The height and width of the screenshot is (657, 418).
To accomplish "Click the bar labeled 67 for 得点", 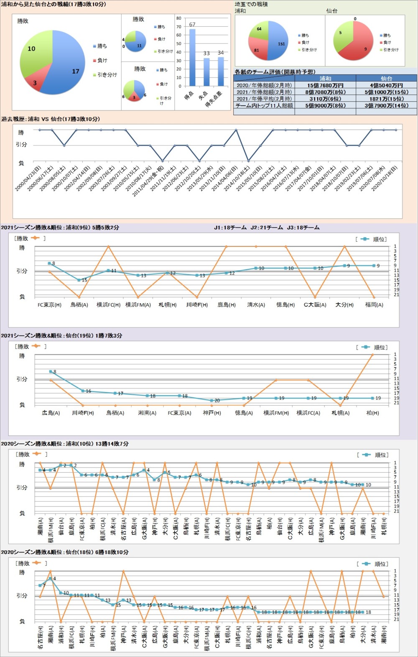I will [192, 58].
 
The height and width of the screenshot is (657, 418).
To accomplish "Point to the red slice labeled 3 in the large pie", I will [34, 82].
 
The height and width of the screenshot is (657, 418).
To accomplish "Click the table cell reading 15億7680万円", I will [325, 85].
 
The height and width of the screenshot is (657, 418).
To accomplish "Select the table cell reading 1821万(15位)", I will [386, 99].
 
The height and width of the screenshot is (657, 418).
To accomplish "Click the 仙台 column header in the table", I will [386, 78].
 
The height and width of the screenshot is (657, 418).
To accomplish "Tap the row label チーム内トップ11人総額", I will [264, 105].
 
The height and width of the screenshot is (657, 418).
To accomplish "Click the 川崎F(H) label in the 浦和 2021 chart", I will [197, 305].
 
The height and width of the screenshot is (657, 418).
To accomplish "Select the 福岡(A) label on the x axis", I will [374, 305].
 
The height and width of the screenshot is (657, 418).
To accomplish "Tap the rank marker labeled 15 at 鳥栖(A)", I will [79, 280].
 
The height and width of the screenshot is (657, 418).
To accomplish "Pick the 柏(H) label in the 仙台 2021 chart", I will [372, 413].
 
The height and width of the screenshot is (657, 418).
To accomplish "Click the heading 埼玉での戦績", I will [251, 4].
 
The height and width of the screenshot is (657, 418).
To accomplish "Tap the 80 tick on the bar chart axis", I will [178, 18].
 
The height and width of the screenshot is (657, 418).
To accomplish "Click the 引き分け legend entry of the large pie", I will [107, 75].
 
